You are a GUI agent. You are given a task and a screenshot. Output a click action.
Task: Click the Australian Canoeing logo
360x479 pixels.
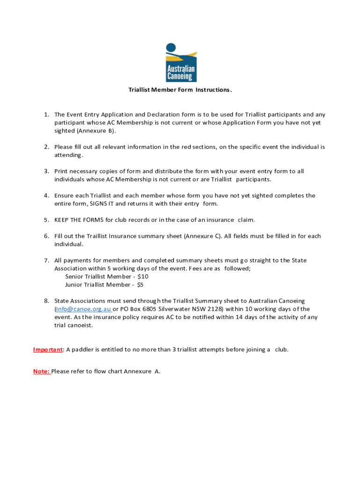click(x=181, y=63)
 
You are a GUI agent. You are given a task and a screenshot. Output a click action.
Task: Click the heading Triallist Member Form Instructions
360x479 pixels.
click(x=180, y=90)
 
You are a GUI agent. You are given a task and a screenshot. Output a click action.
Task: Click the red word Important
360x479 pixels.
click(x=48, y=349)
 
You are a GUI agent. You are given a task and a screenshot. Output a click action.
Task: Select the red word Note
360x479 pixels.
click(x=41, y=371)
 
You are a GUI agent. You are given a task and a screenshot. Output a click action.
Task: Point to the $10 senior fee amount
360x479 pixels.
click(x=143, y=276)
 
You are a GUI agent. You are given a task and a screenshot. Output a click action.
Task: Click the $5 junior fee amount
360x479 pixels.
click(x=140, y=284)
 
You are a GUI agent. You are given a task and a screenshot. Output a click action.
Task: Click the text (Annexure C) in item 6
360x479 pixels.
click(x=202, y=236)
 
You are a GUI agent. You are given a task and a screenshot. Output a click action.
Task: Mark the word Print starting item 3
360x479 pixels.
click(x=61, y=171)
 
